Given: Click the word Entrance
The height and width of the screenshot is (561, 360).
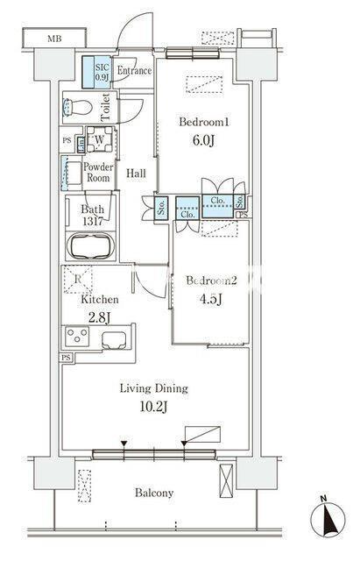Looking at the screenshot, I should (x=134, y=71).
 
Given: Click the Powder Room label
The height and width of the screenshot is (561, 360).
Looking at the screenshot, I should (x=97, y=172).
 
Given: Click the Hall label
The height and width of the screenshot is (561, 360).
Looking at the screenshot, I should (x=136, y=173).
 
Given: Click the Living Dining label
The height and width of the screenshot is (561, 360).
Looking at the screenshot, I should (x=154, y=388).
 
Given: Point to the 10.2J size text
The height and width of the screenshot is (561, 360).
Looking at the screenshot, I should (x=154, y=406).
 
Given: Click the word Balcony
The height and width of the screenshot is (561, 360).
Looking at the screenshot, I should (x=153, y=494).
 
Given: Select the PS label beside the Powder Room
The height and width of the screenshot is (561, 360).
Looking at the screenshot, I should (x=67, y=140).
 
